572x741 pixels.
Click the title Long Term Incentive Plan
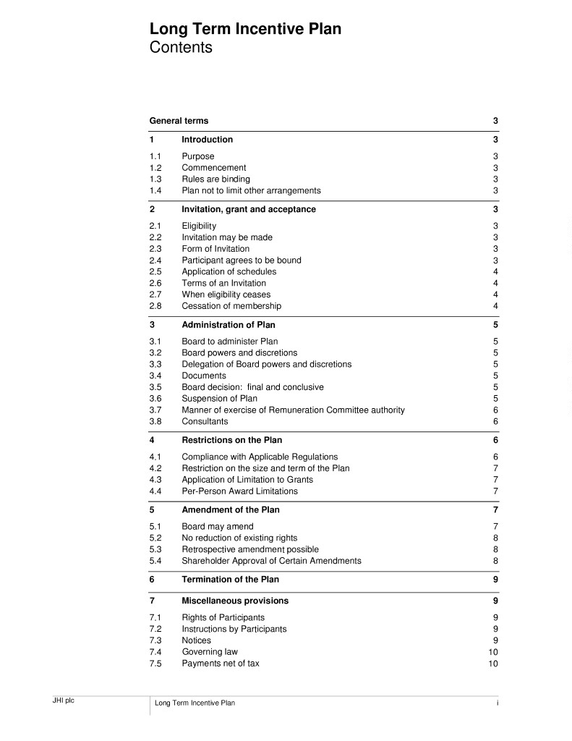tap(245, 30)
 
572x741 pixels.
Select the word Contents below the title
tap(181, 48)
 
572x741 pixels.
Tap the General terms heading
tap(179, 121)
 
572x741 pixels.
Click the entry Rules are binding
tap(215, 179)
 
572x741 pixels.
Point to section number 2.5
tap(155, 272)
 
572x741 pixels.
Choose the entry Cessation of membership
tap(231, 306)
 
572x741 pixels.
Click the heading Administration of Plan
tap(228, 325)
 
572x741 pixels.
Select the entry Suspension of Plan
tap(219, 399)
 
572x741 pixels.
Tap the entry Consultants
tap(205, 421)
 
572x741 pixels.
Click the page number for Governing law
tap(493, 652)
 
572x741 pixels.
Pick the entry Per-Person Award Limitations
tap(239, 491)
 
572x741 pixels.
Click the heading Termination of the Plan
tap(230, 580)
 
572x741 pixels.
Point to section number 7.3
tap(155, 640)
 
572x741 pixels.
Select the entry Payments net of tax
tap(220, 664)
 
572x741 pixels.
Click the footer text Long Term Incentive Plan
tap(195, 703)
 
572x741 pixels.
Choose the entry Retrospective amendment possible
tap(249, 549)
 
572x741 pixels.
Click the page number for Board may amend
tap(495, 527)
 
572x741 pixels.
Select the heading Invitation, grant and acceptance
tap(248, 209)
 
